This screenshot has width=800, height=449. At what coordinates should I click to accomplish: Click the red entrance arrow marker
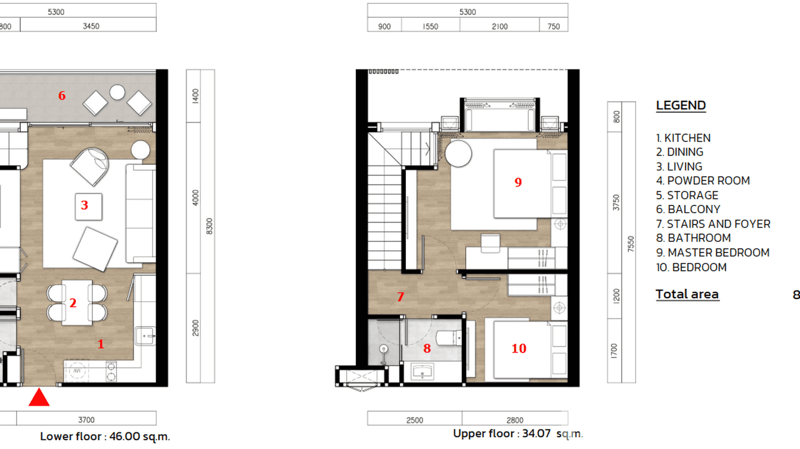tap(39, 397)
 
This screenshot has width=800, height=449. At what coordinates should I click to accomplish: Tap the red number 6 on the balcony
tap(61, 95)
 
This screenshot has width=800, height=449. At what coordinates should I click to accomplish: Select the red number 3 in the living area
tap(85, 205)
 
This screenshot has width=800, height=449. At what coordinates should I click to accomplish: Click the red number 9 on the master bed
tap(518, 182)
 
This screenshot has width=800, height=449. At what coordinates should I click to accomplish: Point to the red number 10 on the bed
tap(519, 348)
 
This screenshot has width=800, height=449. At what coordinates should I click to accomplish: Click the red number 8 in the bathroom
tap(427, 348)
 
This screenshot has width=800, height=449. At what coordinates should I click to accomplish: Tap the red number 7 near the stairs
tap(401, 297)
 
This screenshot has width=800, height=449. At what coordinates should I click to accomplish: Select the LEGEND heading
tap(681, 105)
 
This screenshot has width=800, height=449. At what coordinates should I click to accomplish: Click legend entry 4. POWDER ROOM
tap(703, 180)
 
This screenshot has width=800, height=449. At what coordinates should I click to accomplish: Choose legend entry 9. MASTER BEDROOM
tap(712, 252)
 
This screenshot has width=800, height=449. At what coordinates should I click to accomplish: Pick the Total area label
tap(687, 294)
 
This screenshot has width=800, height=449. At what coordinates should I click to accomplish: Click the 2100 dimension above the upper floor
tap(500, 26)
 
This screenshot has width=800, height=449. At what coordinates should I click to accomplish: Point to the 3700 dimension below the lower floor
tap(86, 420)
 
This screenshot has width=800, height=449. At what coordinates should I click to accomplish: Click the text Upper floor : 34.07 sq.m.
tap(518, 434)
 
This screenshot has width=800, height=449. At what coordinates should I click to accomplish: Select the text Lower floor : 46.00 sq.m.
tap(105, 436)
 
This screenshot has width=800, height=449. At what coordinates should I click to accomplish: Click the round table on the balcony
tap(117, 92)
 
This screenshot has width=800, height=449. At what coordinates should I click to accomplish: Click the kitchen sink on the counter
tap(145, 336)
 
